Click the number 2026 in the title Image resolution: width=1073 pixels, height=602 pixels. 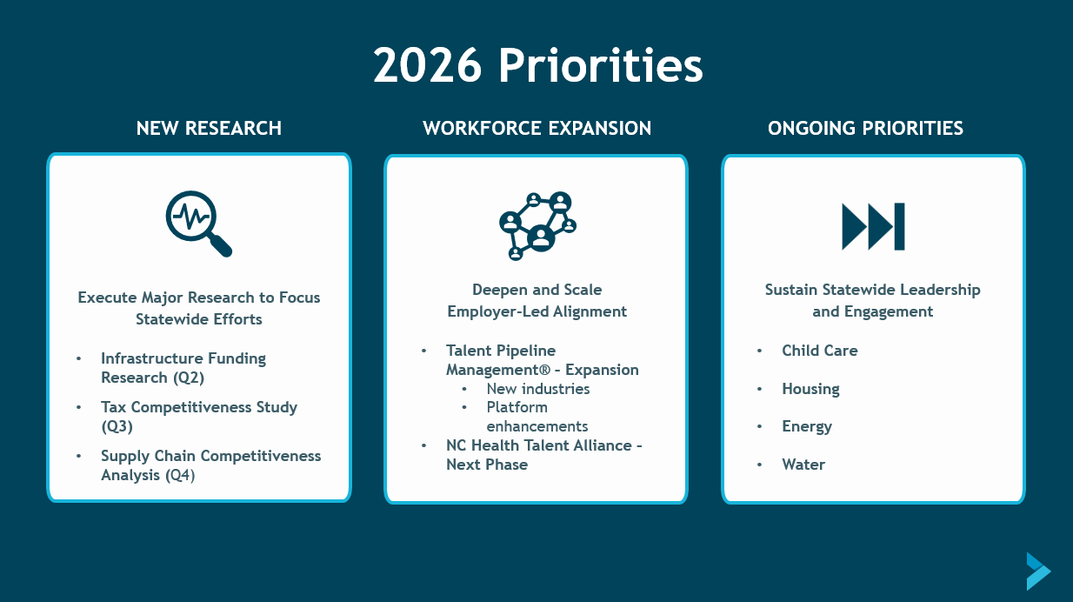tap(427, 65)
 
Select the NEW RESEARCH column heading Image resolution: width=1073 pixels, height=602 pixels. tap(209, 128)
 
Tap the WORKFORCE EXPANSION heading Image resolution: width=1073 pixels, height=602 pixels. tap(537, 128)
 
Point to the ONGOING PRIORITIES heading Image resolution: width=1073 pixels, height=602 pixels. tap(865, 128)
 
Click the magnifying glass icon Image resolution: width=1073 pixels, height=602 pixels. tap(199, 224)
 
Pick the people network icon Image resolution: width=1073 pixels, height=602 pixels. tap(537, 226)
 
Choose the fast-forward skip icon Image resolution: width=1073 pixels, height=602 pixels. tap(873, 227)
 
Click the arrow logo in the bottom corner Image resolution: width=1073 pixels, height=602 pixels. tap(1038, 572)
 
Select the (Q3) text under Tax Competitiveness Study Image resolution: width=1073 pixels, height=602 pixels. tap(117, 426)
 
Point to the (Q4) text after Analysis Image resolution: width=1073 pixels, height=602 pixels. tap(180, 476)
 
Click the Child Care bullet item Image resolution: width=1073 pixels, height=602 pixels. tap(820, 351)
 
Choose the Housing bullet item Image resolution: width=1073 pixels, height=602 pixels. tap(810, 389)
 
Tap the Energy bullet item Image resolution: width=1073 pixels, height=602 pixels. tap(807, 426)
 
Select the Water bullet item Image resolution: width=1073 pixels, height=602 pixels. tap(803, 465)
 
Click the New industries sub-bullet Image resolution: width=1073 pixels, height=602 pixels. tap(538, 389)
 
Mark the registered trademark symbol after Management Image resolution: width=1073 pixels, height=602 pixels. tap(544, 370)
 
